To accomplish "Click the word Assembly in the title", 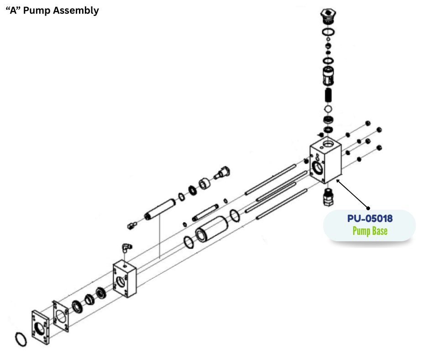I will pyautogui.click(x=76, y=11).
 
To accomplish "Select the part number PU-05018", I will pyautogui.click(x=370, y=218).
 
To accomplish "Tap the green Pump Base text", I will pyautogui.click(x=370, y=231).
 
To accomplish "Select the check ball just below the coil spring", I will pyautogui.click(x=328, y=110).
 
